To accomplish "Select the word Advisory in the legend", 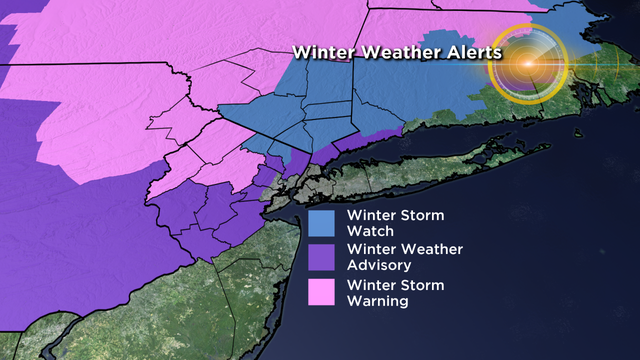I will pyautogui.click(x=376, y=265).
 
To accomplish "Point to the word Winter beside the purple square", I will pyautogui.click(x=370, y=249).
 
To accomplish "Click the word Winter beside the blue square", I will pyautogui.click(x=370, y=214).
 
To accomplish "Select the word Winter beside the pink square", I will pyautogui.click(x=370, y=283).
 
